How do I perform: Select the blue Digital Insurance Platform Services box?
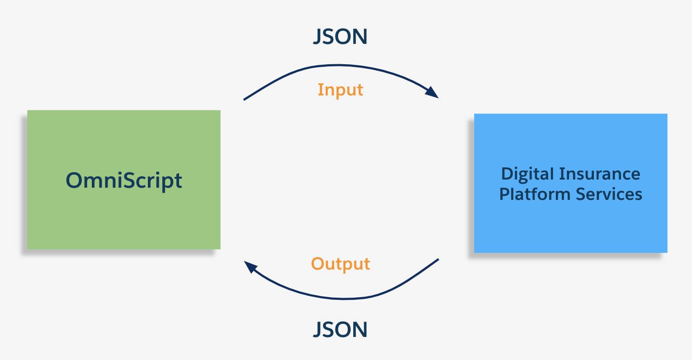coord(570,226)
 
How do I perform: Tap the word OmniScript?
coord(124,180)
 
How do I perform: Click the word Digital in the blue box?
coord(527,174)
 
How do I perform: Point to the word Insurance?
coord(600,174)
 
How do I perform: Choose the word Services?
coord(609,194)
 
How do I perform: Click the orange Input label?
coord(340,90)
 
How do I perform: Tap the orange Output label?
coord(340,264)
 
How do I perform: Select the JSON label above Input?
coord(340,37)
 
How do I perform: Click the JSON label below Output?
coord(340,330)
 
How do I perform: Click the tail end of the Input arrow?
coord(245,99)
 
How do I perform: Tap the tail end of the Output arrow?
coord(437,260)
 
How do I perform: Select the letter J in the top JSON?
coord(318,37)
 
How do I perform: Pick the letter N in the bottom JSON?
coord(360,330)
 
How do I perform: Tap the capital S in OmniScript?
coord(129,180)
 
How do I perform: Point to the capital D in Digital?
coord(507,174)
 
